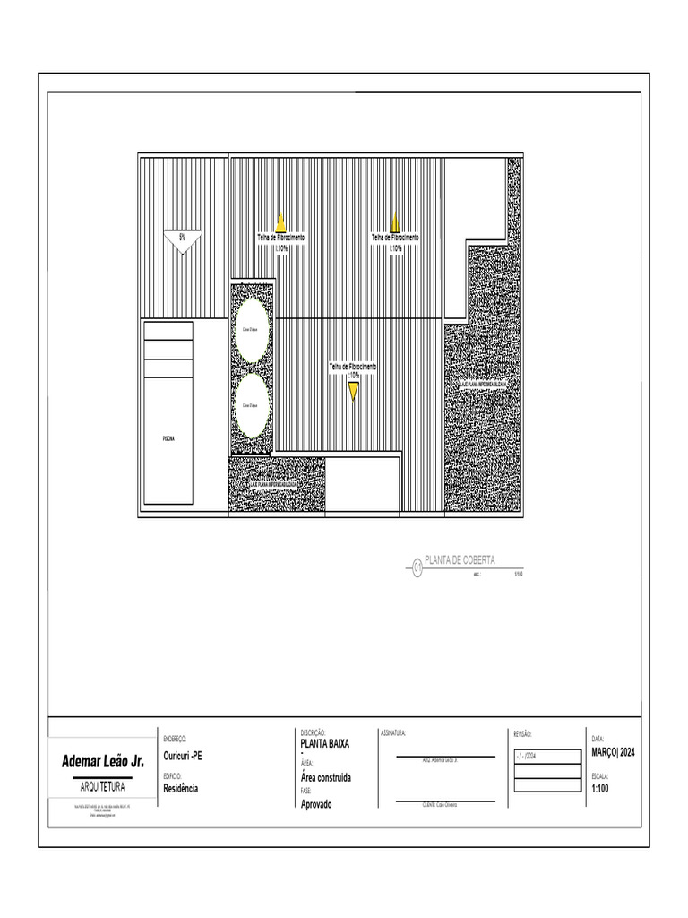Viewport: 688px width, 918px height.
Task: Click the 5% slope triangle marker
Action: click(183, 240)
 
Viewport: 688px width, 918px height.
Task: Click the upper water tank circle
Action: click(252, 330)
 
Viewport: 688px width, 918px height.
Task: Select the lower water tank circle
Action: click(252, 405)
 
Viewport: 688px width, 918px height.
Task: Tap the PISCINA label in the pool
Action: click(168, 438)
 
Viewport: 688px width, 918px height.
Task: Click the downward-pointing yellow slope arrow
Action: click(354, 390)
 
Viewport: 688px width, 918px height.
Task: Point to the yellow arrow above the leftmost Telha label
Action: click(280, 222)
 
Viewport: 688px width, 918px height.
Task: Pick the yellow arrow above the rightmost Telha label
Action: click(395, 222)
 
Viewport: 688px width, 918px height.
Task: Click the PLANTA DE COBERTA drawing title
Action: click(460, 560)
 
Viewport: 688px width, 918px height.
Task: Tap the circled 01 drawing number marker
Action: click(417, 567)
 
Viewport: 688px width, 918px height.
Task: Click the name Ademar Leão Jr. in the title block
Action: click(102, 762)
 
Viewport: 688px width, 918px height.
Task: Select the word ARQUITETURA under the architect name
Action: click(102, 786)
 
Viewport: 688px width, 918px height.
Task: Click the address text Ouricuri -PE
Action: click(183, 756)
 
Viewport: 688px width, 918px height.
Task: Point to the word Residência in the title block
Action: click(181, 789)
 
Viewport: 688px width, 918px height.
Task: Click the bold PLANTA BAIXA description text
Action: click(325, 744)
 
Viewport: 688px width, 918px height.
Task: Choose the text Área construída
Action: click(326, 777)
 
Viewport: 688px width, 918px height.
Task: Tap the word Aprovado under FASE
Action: click(316, 804)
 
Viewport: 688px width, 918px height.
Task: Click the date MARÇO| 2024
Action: click(614, 753)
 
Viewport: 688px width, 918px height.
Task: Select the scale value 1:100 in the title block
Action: click(600, 789)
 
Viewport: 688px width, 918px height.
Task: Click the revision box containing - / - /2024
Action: click(546, 757)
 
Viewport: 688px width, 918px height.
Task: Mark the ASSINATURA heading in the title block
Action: click(393, 733)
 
